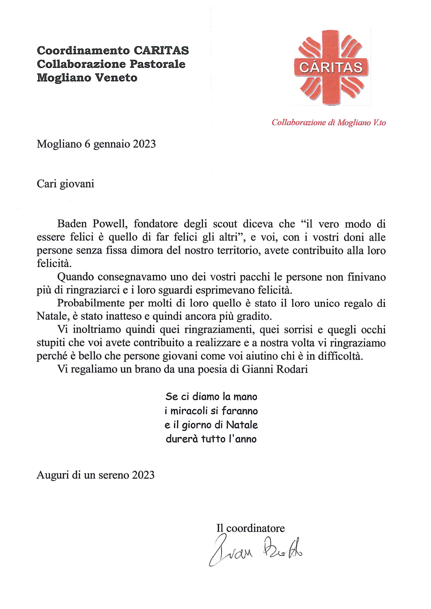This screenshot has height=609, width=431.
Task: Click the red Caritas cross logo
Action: (x=331, y=67)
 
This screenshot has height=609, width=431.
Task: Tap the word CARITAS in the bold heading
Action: (x=161, y=51)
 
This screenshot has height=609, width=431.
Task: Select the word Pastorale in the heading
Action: (x=157, y=64)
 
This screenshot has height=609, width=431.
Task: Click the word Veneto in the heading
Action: (x=116, y=78)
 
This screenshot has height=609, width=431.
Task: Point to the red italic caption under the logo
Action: (x=328, y=123)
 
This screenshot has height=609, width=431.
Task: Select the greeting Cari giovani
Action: (x=65, y=184)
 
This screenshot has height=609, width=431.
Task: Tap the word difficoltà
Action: (x=340, y=356)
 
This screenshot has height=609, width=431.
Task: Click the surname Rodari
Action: (x=292, y=369)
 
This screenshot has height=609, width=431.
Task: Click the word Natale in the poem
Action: (x=242, y=425)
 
